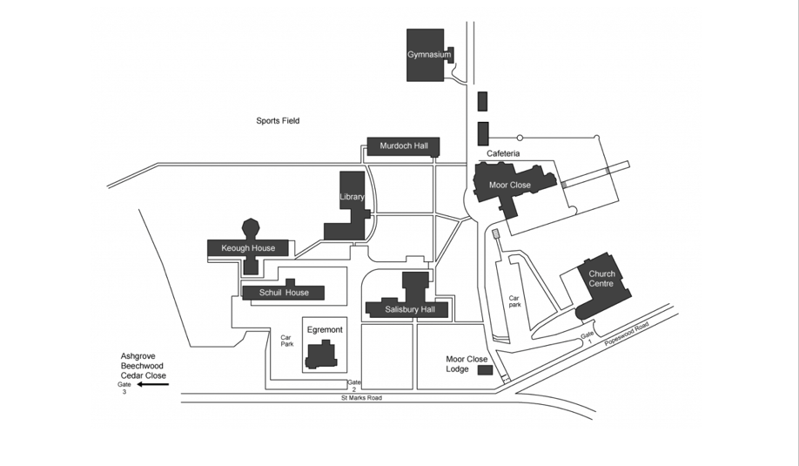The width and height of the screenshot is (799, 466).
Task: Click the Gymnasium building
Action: (429, 55)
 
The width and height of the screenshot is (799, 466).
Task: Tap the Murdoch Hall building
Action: (403, 145)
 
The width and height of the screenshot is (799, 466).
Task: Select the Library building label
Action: (352, 197)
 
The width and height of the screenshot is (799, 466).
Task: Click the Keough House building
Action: (248, 248)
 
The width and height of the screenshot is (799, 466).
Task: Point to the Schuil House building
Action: (284, 293)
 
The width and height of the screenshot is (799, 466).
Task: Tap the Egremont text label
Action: (325, 330)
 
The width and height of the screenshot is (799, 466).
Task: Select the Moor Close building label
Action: (510, 186)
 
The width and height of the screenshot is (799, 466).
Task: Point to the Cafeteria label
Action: (503, 153)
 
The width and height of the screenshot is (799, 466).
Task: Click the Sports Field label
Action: (278, 121)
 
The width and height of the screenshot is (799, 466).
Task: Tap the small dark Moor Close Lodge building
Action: (485, 370)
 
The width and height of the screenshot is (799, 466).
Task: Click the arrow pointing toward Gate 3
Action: (151, 384)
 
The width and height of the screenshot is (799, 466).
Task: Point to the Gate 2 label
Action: (353, 386)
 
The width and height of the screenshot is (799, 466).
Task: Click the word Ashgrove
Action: (138, 357)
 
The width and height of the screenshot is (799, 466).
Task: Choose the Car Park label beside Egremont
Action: (286, 340)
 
